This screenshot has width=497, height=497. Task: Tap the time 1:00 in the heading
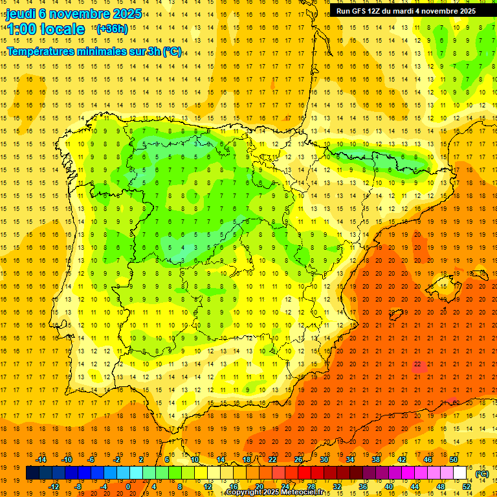[x=21, y=30]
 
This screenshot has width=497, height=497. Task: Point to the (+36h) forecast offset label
[x=112, y=29]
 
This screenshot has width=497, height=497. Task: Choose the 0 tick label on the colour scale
[x=128, y=487]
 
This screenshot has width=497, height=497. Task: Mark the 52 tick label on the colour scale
[x=467, y=487]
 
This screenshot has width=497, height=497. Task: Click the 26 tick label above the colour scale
[x=298, y=460]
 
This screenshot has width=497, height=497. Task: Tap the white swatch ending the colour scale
[x=460, y=473]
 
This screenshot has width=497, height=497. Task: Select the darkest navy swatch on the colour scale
[x=32, y=473]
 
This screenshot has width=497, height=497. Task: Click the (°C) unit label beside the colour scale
[x=482, y=474]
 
